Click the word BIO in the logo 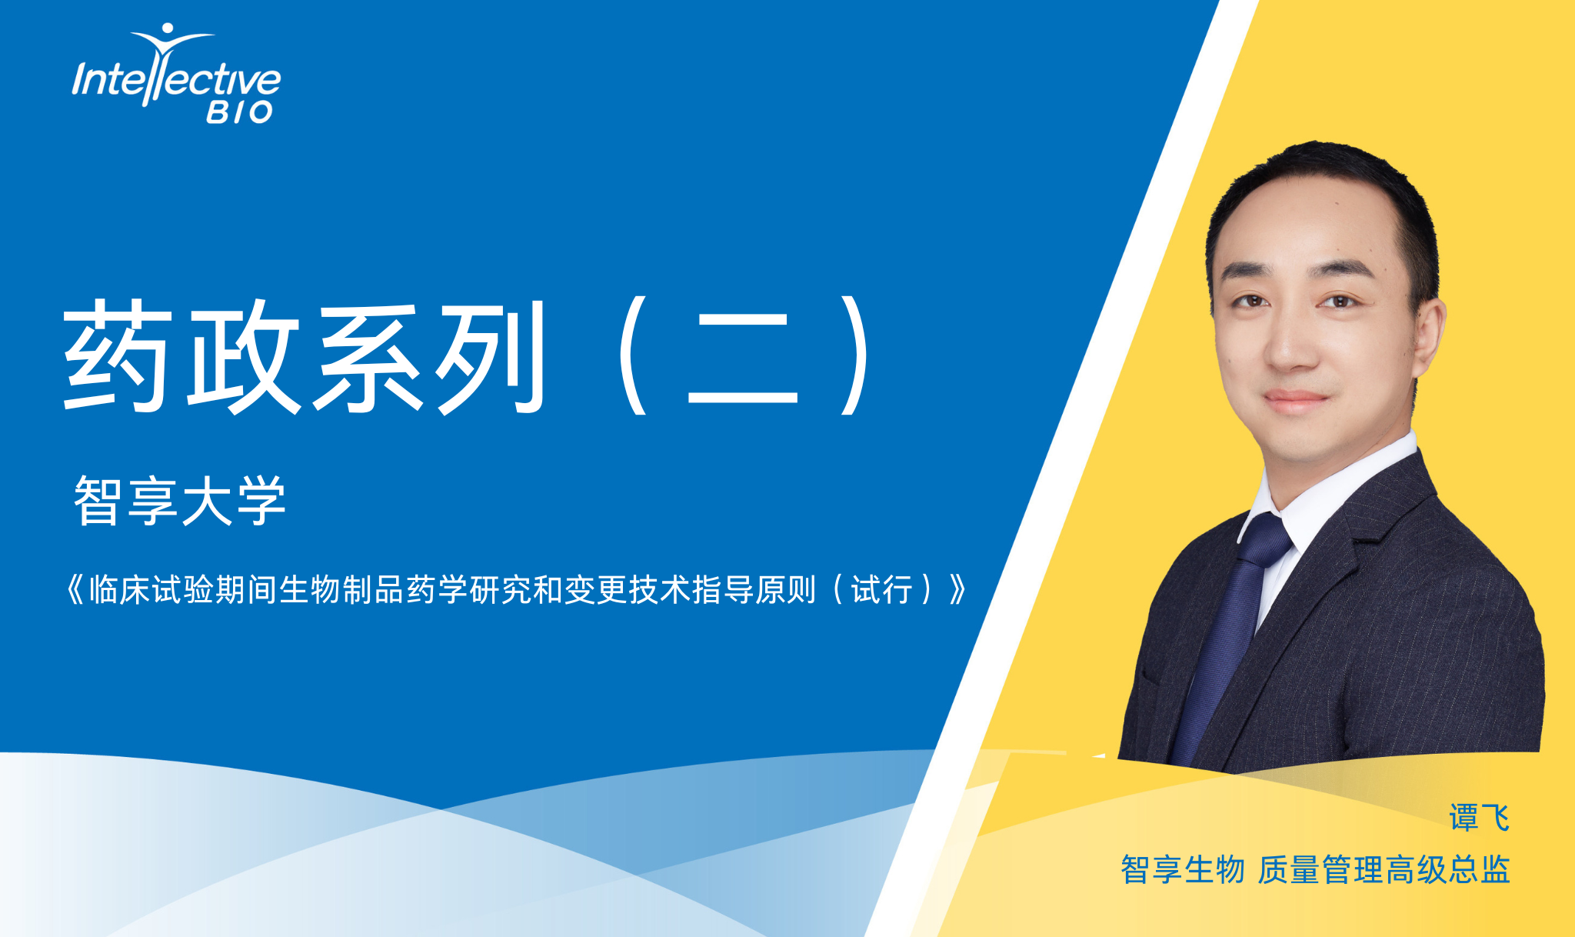point(239,112)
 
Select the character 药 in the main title point(116,356)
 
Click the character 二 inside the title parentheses point(742,358)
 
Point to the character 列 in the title point(490,356)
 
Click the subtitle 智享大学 point(180,501)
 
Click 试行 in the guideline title point(881,590)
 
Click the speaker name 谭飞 point(1479,817)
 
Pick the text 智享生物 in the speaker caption point(1182,870)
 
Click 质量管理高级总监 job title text point(1384,870)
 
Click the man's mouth point(1296,400)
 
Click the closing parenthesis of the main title point(856,356)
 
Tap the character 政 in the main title point(243,356)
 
